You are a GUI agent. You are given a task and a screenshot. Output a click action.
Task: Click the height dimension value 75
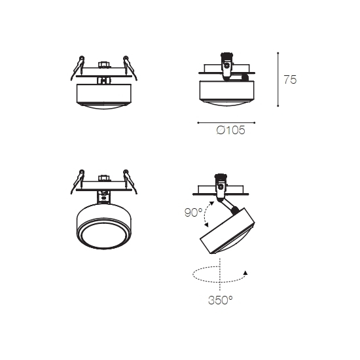tap(290, 80)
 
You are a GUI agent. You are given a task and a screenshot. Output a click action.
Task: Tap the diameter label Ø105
tap(231, 130)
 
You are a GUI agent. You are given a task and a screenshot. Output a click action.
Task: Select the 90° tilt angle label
tap(193, 213)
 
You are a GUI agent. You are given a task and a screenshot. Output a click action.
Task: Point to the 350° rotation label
tap(220, 300)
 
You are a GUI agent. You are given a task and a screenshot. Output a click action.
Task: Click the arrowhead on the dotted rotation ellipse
tap(245, 273)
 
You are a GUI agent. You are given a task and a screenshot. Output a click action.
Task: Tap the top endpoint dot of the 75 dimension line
tap(278, 53)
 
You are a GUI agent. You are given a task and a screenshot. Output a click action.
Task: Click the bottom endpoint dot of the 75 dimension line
tap(278, 106)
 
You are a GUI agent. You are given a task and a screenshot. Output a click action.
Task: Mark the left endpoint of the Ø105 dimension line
tap(198, 123)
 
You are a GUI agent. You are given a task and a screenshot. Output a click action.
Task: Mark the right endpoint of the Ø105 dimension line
tap(255, 123)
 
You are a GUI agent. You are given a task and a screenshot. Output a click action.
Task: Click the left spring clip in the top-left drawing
tap(77, 68)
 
